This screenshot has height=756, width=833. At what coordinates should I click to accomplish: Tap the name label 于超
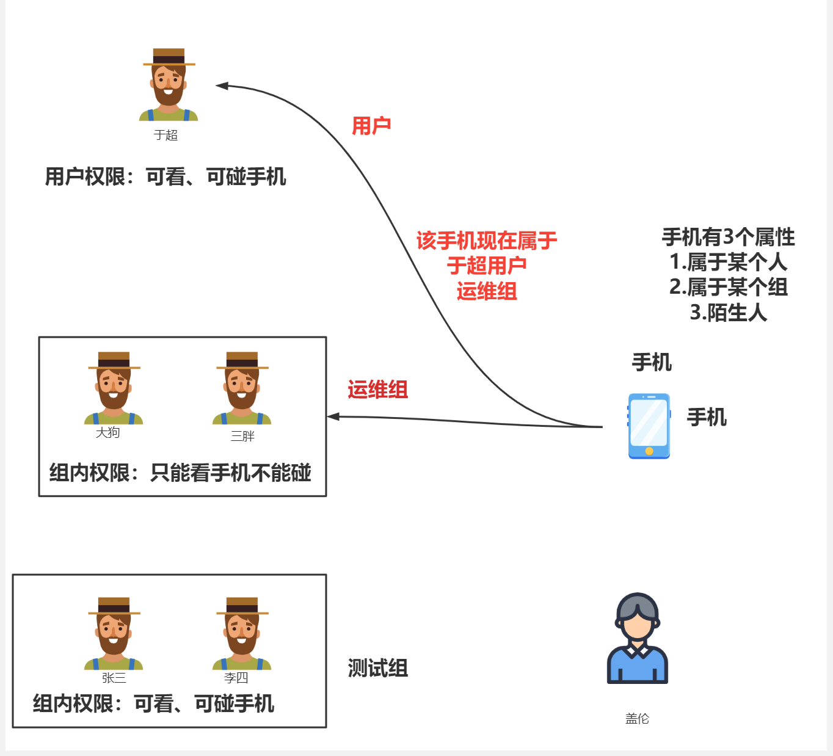point(166,135)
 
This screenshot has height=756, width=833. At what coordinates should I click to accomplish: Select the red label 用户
point(371,126)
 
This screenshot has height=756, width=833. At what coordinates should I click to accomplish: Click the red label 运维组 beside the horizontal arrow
point(378,390)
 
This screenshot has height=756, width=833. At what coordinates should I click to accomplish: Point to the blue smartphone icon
point(649,426)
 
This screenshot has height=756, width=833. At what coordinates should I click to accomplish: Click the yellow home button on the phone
point(649,451)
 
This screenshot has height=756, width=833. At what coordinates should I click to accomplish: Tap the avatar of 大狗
point(114,388)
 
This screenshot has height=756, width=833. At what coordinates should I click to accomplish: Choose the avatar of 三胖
point(242,388)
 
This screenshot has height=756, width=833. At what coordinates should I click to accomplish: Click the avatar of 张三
point(114,633)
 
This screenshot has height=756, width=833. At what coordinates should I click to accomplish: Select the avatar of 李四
point(242,633)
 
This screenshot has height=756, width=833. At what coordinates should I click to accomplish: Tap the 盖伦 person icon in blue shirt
point(638,639)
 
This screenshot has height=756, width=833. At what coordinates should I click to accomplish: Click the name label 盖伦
point(637,719)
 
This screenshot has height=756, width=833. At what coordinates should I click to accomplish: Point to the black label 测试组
point(378,668)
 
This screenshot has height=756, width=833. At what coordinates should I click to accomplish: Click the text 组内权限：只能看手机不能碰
point(180,473)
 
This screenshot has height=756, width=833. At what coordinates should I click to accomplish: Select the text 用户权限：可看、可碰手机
point(166,177)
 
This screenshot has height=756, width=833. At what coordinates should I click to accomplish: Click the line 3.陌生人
point(728,313)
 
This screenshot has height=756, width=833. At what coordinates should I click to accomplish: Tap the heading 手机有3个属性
point(728,237)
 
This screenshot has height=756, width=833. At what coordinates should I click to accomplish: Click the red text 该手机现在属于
point(487,241)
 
